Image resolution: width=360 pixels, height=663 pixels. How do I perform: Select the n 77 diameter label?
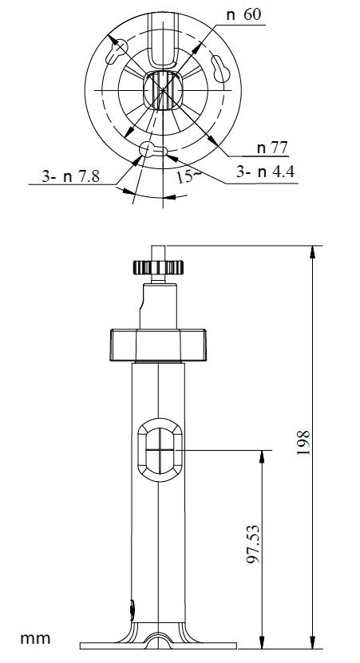(x=272, y=147)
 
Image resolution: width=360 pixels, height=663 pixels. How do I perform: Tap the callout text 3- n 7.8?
(x=69, y=177)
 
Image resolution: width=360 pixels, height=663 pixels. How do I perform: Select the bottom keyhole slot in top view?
(x=153, y=149)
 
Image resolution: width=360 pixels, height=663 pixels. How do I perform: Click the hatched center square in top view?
(x=162, y=89)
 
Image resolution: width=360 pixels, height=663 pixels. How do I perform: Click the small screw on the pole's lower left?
(x=132, y=610)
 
